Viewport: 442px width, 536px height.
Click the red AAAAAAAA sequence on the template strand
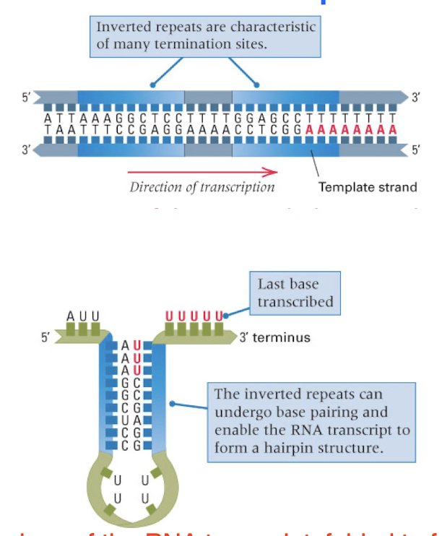351,129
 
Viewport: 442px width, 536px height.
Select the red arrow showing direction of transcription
202,172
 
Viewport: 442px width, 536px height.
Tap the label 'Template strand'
368,187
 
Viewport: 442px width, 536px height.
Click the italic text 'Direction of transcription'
202,187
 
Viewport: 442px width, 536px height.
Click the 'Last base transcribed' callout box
295,293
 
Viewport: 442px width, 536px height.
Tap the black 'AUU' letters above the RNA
83,316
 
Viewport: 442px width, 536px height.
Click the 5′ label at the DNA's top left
26,98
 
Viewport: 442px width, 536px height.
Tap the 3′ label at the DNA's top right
416,98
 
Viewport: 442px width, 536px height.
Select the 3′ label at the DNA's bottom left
26,150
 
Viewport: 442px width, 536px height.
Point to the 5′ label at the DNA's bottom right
416,150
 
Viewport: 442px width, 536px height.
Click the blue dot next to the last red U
226,315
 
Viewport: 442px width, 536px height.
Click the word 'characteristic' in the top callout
273,27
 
